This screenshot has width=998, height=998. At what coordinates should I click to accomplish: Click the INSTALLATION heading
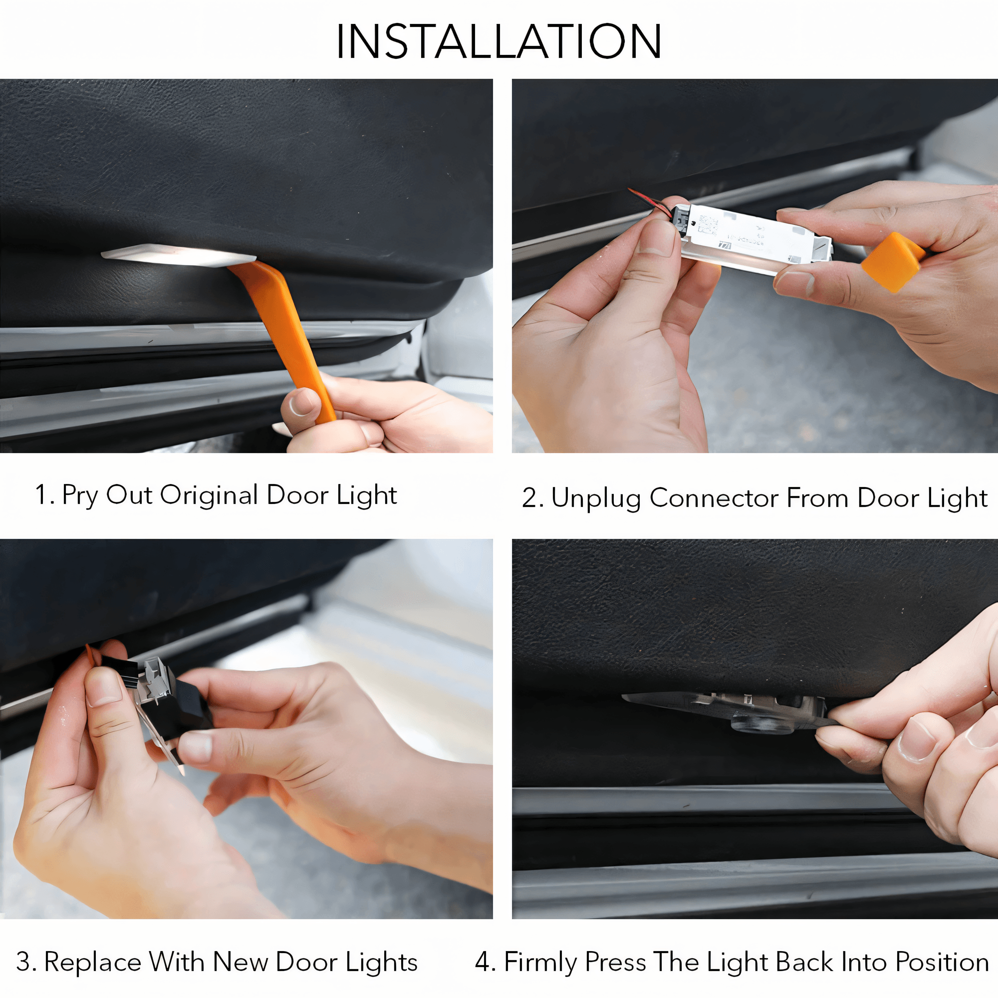pyautogui.click(x=499, y=41)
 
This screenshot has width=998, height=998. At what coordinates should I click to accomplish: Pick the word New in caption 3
pyautogui.click(x=240, y=962)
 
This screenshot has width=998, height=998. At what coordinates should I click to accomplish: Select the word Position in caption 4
pyautogui.click(x=942, y=962)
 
